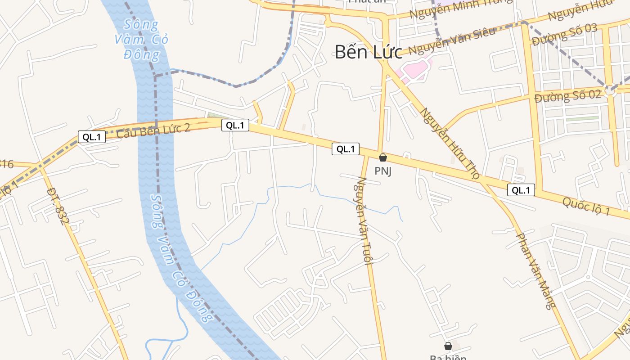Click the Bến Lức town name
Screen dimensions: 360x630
368,52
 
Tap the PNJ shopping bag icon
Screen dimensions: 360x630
383,157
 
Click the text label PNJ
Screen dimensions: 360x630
383,171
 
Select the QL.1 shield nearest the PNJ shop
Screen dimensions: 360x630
346,149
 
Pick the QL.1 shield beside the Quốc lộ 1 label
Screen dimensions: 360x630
521,190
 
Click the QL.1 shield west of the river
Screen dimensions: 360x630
92,137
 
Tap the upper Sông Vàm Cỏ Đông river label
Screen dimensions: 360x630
142,40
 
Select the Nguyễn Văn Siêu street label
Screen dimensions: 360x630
452,40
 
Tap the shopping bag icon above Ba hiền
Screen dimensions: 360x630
448,346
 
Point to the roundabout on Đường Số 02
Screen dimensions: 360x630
610,90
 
